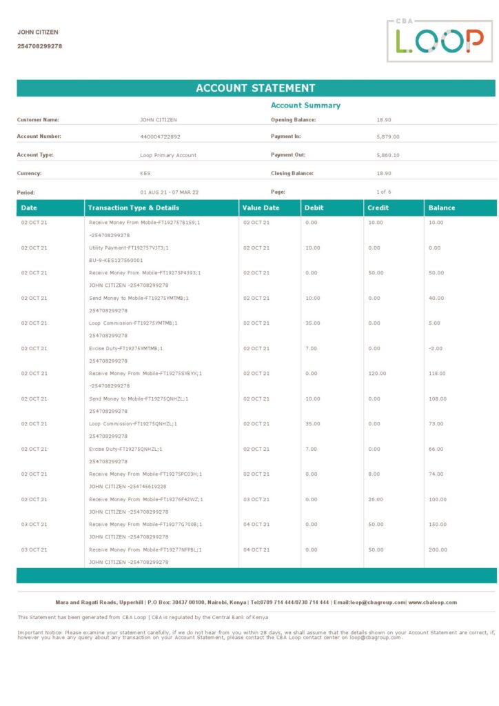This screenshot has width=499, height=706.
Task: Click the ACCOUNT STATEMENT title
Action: pyautogui.click(x=256, y=88)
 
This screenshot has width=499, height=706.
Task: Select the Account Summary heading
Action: pyautogui.click(x=305, y=105)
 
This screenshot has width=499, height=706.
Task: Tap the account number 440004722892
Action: pyautogui.click(x=160, y=137)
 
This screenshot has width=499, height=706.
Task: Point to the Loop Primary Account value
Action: pyautogui.click(x=168, y=155)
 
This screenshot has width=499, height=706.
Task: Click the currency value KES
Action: pyautogui.click(x=145, y=174)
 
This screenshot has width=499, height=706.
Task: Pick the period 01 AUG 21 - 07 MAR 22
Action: pyautogui.click(x=169, y=192)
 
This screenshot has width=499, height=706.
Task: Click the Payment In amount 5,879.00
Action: pyautogui.click(x=388, y=137)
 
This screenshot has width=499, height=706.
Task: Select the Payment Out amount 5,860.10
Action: pyautogui.click(x=388, y=155)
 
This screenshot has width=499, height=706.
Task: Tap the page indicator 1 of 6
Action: pyautogui.click(x=384, y=192)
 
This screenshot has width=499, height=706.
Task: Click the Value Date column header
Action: pyautogui.click(x=261, y=208)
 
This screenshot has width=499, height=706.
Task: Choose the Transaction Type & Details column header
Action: pyautogui.click(x=134, y=208)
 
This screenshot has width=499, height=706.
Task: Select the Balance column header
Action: pyautogui.click(x=442, y=208)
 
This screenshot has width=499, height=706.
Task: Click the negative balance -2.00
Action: pyautogui.click(x=436, y=348)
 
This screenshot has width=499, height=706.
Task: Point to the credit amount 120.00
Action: pyautogui.click(x=377, y=374)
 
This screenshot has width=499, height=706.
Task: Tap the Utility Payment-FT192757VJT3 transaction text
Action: pyautogui.click(x=129, y=248)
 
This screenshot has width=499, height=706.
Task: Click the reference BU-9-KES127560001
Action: pyautogui.click(x=116, y=260)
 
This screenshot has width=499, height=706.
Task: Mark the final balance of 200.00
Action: pyautogui.click(x=438, y=549)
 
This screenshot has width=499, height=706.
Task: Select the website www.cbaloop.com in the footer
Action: pyautogui.click(x=433, y=602)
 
